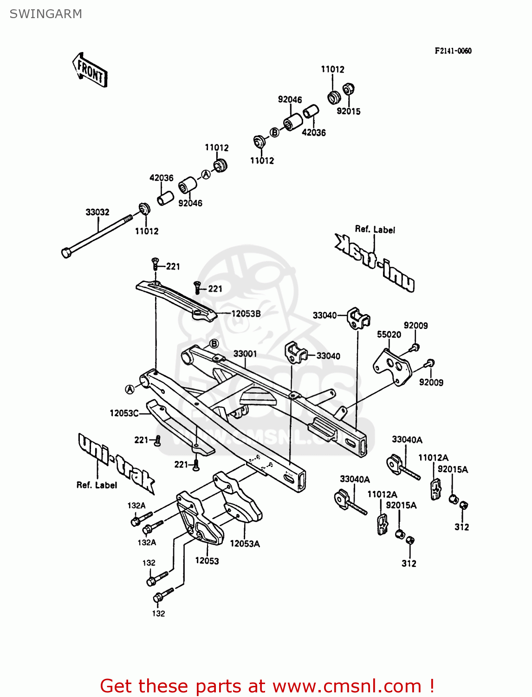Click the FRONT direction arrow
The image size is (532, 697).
[x=90, y=70]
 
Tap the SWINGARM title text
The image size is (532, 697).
[x=45, y=14]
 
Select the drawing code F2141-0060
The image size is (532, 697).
[x=453, y=51]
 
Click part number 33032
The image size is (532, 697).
[x=97, y=212]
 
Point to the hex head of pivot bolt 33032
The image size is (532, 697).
[x=66, y=253]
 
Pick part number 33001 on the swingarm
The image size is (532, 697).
[x=245, y=354]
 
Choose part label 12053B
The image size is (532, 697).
[x=246, y=314]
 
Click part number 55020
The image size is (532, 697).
[x=389, y=335]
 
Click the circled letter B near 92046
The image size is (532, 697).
[x=275, y=132]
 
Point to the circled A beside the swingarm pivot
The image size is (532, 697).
[x=130, y=389]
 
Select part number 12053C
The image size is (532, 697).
[x=124, y=413]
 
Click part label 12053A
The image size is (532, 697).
[x=245, y=544]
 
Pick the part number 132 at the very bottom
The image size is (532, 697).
[x=158, y=613]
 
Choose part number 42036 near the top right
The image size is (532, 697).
[x=314, y=132]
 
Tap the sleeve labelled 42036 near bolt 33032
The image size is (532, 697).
[x=165, y=198]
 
